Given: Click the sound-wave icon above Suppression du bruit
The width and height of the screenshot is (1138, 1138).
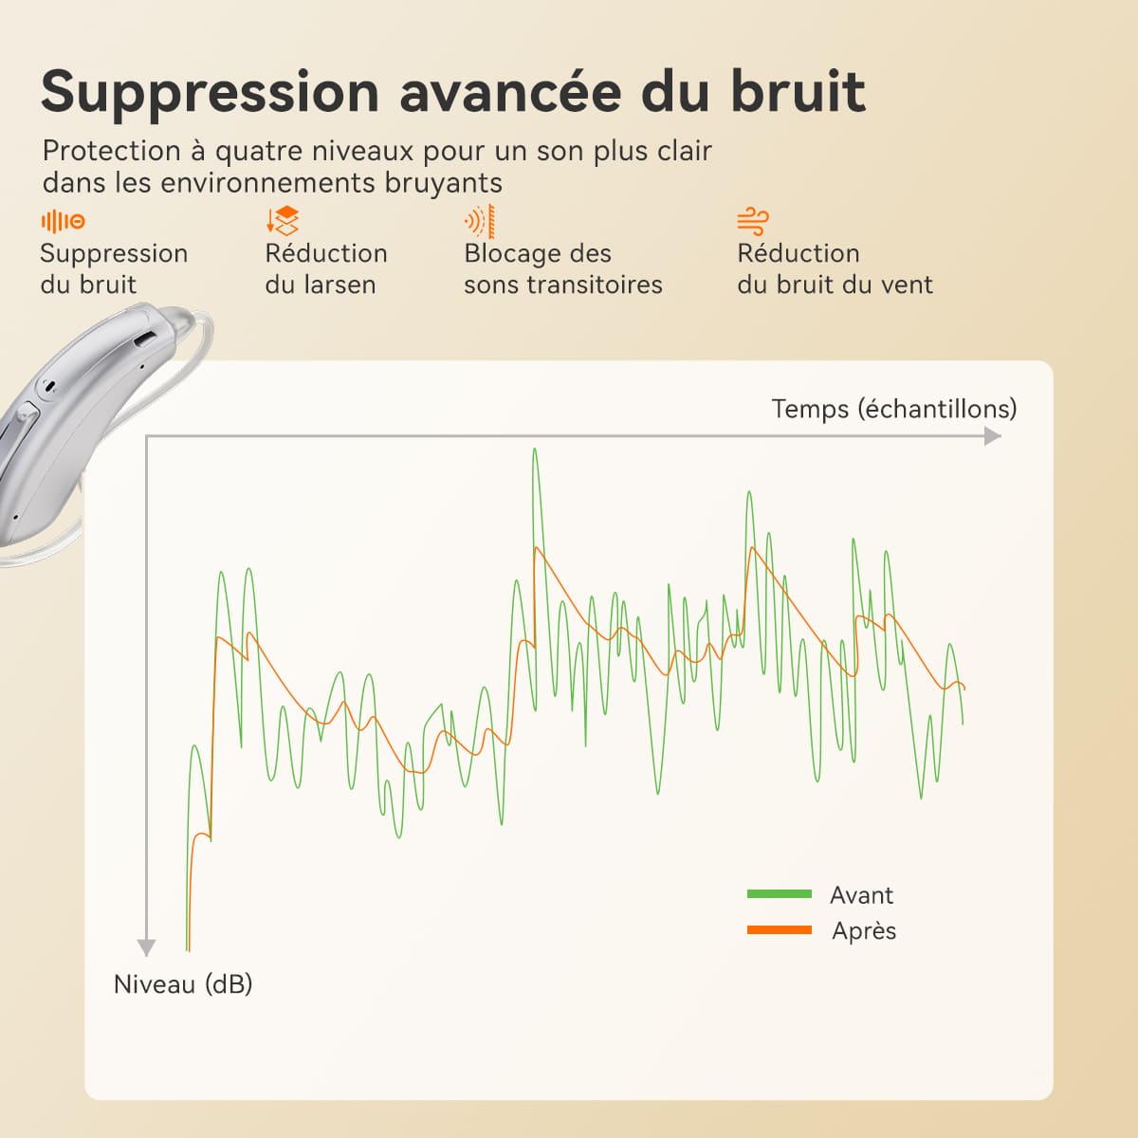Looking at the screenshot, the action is [64, 222].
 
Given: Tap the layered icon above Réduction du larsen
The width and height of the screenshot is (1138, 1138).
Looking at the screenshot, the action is [283, 221].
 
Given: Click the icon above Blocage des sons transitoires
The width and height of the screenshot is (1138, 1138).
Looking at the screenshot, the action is [480, 222].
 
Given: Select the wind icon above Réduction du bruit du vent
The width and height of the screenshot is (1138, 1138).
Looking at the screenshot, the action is [753, 222].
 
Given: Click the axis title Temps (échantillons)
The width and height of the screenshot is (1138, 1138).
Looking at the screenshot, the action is [894, 409].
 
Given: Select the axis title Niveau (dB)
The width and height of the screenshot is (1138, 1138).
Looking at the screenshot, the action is [183, 983].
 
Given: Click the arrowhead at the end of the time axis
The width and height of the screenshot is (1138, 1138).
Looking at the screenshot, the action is [993, 436].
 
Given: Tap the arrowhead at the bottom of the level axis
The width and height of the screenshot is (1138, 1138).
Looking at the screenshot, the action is [146, 947].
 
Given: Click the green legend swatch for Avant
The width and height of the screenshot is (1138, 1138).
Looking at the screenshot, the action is [779, 894].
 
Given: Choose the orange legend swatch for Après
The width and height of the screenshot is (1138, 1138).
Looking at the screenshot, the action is [779, 930].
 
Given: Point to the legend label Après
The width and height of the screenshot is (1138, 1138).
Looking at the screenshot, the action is [864, 931].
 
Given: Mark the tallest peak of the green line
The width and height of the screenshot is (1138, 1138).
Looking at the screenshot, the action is [535, 450].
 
